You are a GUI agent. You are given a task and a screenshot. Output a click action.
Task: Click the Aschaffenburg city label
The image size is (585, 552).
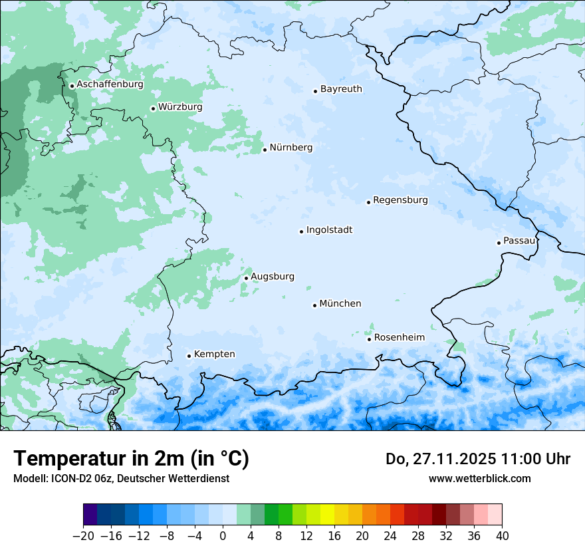tap(110, 84)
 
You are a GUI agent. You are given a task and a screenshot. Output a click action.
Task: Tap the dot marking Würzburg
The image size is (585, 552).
tap(153, 108)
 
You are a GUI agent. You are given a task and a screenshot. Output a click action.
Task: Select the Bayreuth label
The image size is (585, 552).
tap(341, 88)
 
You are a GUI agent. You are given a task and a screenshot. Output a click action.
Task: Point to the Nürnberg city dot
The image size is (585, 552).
tap(265, 150)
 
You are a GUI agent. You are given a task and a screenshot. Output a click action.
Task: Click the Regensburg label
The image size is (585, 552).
tap(400, 200)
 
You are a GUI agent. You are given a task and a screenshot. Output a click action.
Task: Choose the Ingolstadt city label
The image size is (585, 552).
tap(329, 230)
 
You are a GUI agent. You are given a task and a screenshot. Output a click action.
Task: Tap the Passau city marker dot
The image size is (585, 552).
tap(499, 243)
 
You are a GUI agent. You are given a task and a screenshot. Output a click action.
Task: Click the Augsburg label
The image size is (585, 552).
tap(272, 276)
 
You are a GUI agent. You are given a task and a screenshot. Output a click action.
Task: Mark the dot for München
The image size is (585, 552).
tap(314, 305)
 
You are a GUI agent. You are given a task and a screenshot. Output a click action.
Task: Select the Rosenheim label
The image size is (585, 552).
tap(399, 337)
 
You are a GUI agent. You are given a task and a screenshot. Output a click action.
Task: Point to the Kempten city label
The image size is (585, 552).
tap(214, 354)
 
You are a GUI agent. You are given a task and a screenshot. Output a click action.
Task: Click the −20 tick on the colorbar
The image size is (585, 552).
tap(84, 536)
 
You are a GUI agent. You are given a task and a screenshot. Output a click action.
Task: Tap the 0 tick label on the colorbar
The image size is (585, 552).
tap(223, 536)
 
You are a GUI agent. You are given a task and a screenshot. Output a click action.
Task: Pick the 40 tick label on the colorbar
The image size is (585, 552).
tap(502, 536)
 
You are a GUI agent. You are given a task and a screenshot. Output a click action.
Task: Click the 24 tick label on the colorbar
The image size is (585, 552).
tap(390, 536)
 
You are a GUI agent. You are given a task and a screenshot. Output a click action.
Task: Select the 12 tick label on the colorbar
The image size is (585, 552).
tap(306, 536)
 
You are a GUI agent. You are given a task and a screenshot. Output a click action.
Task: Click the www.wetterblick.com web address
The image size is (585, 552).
tap(479, 478)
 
